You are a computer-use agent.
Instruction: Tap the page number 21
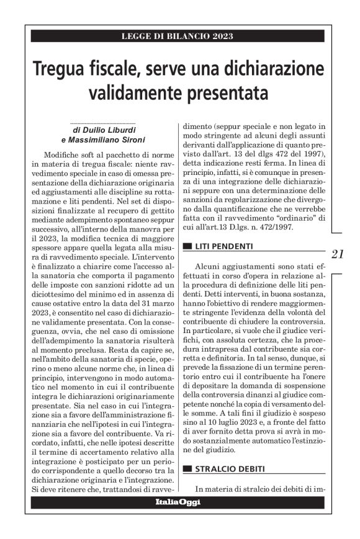[338, 253]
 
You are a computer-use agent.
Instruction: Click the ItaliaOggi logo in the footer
[178, 502]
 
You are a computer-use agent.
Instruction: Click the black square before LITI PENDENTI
[187, 247]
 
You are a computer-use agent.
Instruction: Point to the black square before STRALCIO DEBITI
[187, 470]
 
